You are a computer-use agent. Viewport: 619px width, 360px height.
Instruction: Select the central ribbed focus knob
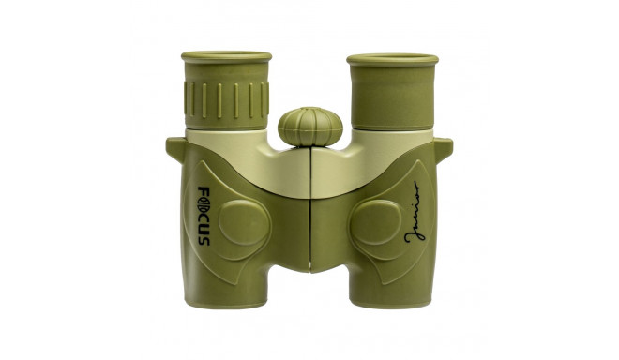(x=310, y=127)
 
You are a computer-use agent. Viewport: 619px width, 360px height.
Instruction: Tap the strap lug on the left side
(x=175, y=147)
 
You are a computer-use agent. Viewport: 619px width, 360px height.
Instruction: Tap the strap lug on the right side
(x=443, y=147)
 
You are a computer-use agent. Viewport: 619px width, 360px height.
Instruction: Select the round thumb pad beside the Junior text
(x=376, y=224)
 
